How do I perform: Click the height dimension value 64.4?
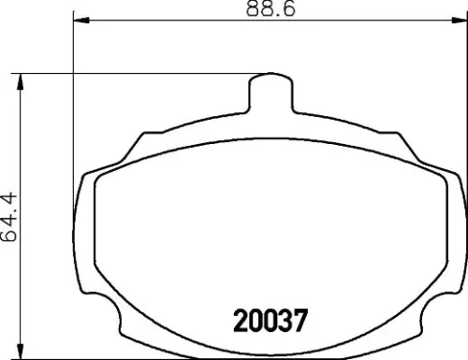[x=11, y=213]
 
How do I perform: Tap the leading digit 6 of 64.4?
[x=11, y=237]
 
